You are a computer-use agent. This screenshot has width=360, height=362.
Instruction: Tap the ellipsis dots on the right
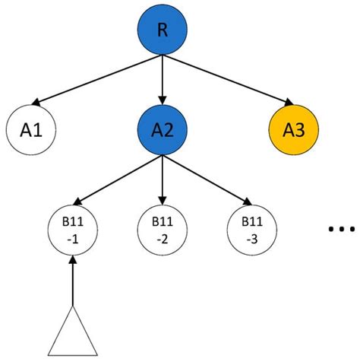[340, 229]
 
